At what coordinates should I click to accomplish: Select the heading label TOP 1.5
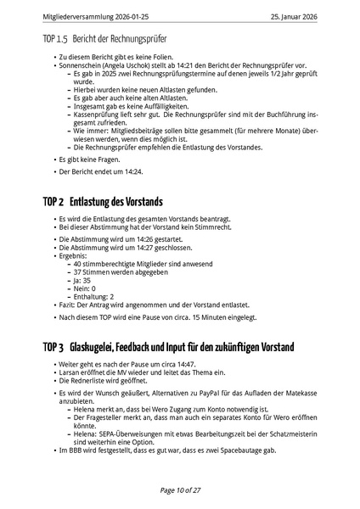(57, 40)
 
